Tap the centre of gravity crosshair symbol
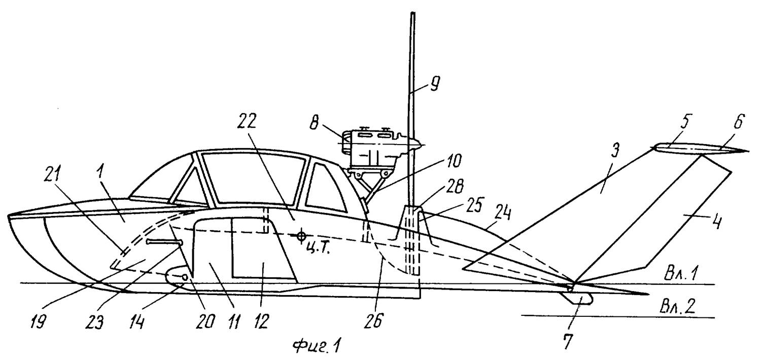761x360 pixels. click(302, 236)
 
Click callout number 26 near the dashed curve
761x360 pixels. click(387, 320)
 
